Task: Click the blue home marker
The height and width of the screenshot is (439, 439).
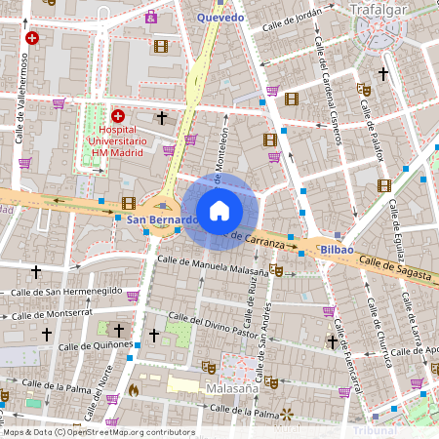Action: click(219, 211)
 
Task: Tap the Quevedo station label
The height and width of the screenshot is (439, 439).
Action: click(220, 17)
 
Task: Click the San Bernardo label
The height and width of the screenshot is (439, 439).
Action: click(162, 220)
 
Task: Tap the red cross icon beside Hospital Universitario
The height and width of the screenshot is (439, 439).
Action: click(118, 115)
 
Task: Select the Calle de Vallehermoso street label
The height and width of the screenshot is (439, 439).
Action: click(21, 98)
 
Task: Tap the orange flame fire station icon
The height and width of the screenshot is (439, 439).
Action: click(134, 388)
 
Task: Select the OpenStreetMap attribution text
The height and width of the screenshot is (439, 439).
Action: click(99, 432)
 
